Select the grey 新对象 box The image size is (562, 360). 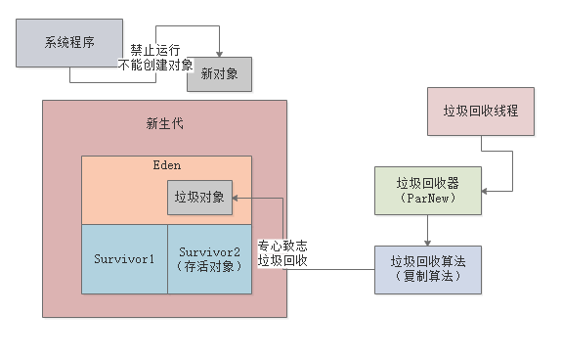coord(219,73)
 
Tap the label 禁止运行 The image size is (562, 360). coord(155,49)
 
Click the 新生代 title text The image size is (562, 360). coord(164,123)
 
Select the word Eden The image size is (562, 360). coord(167,166)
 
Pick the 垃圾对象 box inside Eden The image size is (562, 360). coord(199,197)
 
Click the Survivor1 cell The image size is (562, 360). coord(124,259)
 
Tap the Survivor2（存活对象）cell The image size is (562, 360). coord(209,259)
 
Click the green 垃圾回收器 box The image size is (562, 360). coord(428,190)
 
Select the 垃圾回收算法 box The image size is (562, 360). coord(428,268)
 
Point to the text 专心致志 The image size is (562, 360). coord(282,246)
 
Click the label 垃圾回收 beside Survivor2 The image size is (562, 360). coord(282,260)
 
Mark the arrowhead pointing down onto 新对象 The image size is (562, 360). coord(219,55)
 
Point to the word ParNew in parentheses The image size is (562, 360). coord(428,199)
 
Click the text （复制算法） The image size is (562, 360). coord(428,277)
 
